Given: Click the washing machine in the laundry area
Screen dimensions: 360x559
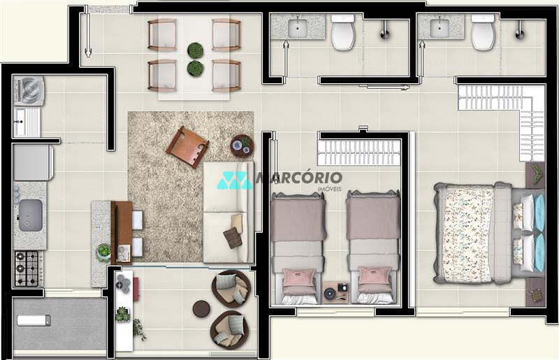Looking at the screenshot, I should click(x=30, y=90).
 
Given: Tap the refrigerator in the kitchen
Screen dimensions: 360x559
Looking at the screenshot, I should click(x=33, y=162).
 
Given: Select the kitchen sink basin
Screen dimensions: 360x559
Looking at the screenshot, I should click(x=30, y=214).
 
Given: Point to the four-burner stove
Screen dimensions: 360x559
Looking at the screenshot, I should click(x=29, y=267).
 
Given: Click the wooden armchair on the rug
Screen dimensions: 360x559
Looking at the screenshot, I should click(x=187, y=146).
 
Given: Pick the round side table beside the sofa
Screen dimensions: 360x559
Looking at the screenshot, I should click(x=242, y=145).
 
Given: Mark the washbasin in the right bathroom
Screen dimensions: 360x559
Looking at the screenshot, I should click(x=440, y=28).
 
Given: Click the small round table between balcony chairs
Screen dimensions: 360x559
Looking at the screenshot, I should click(x=202, y=308).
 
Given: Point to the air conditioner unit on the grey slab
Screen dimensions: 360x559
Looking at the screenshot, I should click(x=34, y=320).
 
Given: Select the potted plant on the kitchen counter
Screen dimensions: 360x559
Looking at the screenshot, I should click(x=104, y=250).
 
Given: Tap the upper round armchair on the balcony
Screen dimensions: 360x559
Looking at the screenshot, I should click(x=231, y=287).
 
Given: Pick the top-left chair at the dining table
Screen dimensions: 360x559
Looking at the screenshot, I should click(x=161, y=34).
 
